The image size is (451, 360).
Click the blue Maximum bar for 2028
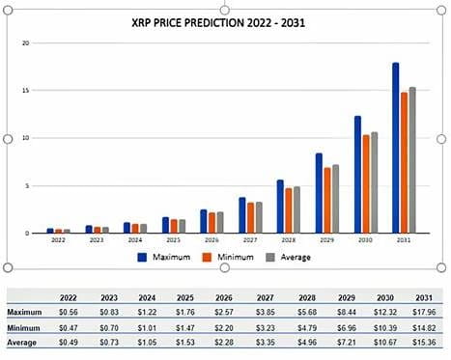click(280, 206)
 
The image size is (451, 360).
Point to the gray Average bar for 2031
click(412, 159)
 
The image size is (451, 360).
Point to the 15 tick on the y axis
click(27, 91)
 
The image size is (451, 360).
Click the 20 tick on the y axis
click(27, 43)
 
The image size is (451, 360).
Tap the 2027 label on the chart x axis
click(250, 239)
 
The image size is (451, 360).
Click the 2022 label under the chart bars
click(58, 239)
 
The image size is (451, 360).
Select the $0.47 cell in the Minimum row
click(69, 329)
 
